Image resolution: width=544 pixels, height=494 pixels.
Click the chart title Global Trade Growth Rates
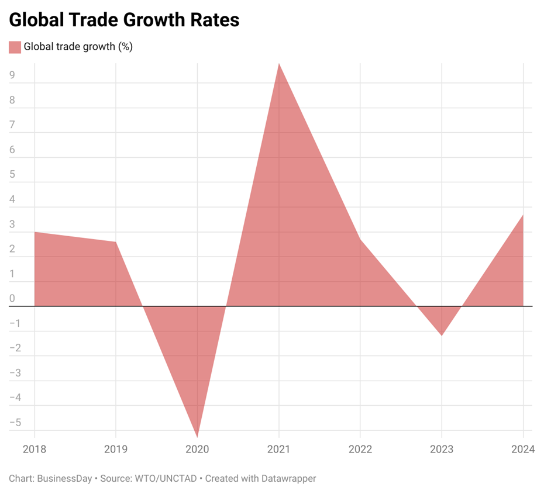[124, 19]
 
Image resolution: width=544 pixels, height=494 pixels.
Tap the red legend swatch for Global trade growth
[15, 47]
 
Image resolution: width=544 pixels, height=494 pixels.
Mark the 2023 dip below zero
[441, 335]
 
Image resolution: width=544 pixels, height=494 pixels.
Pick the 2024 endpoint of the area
[522, 215]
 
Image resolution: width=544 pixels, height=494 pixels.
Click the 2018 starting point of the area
[35, 232]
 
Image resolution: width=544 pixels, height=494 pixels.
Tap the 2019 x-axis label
[115, 450]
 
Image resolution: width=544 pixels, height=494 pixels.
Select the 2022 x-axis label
[360, 450]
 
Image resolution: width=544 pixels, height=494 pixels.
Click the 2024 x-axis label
[522, 450]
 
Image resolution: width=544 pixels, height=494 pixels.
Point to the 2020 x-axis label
[197, 450]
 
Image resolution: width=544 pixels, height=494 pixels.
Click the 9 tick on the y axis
[12, 75]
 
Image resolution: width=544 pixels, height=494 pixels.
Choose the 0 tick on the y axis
[12, 298]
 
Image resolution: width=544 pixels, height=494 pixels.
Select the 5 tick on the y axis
[12, 174]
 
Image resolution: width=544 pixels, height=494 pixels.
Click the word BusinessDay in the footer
[64, 478]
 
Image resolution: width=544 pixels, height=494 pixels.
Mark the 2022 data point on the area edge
[360, 239]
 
